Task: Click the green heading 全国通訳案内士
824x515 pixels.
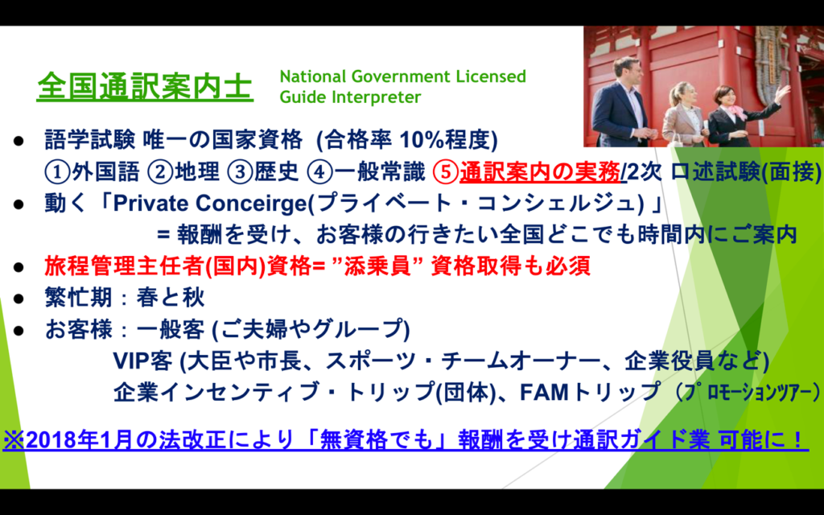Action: coord(145,86)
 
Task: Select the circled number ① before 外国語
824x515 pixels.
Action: coord(57,172)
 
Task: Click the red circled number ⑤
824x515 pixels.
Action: coord(446,172)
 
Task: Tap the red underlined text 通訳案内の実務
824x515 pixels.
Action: coord(540,172)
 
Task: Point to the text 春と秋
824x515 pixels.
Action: coord(171,298)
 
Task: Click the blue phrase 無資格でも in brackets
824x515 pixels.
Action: coord(376,440)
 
